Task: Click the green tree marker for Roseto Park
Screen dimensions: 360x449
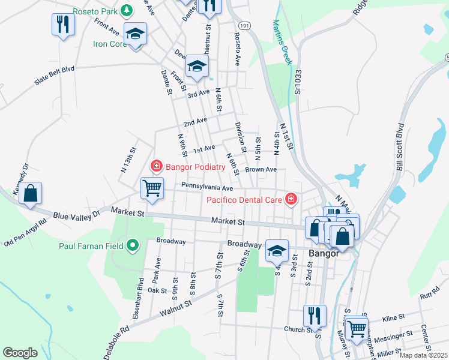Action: [127, 11]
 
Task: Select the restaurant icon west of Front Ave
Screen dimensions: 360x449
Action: [62, 25]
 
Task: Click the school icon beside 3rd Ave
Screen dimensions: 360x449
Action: [196, 66]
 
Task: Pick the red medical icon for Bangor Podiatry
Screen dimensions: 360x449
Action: [156, 165]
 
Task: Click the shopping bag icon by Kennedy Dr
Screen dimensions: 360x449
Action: [30, 193]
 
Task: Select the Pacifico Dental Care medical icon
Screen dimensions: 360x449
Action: [291, 199]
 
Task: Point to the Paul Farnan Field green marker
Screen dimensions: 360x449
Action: [133, 245]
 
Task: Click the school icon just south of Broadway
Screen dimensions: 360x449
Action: [276, 250]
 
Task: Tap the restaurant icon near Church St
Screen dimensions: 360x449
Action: [315, 315]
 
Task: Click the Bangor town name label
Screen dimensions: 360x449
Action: [324, 253]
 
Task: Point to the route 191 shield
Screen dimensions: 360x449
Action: [243, 26]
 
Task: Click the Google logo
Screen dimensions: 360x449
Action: [20, 353]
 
